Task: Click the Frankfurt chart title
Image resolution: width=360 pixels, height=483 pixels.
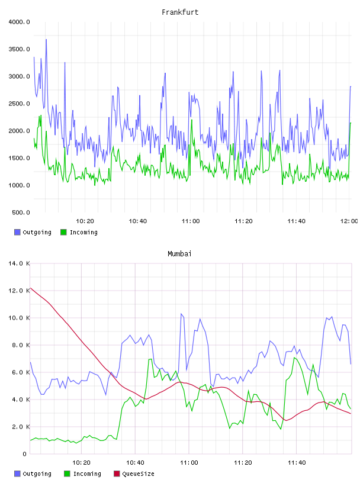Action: click(x=180, y=12)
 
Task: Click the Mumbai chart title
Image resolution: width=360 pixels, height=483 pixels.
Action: click(x=179, y=254)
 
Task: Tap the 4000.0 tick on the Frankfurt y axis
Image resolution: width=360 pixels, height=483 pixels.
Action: click(x=19, y=22)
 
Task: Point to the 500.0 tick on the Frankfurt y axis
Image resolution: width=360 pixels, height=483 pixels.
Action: click(x=21, y=212)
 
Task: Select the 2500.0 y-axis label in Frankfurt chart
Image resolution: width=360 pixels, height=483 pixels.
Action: click(x=19, y=104)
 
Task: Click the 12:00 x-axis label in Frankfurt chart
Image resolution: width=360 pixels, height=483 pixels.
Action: click(x=349, y=221)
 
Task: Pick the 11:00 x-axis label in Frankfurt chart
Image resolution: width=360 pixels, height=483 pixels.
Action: click(x=191, y=221)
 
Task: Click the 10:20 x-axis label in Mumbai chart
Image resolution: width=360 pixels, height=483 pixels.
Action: click(x=81, y=463)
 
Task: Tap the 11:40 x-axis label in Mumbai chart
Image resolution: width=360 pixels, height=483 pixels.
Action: click(x=297, y=463)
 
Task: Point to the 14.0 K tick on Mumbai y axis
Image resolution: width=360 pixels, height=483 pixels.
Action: click(x=19, y=263)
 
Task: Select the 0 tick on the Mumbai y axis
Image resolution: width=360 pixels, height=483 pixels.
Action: click(x=25, y=454)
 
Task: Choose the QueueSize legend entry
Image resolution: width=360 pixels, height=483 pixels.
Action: click(x=134, y=474)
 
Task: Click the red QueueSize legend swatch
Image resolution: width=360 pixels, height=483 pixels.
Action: click(x=117, y=474)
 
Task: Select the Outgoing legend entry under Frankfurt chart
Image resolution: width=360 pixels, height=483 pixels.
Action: click(x=33, y=232)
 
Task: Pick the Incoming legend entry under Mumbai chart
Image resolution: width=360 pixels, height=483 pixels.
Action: click(x=83, y=474)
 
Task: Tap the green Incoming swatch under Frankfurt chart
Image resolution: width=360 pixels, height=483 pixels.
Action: click(x=63, y=232)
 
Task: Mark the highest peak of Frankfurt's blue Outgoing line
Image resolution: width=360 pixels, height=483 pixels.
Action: click(x=46, y=40)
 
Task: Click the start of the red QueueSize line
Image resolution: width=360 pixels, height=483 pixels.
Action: click(x=30, y=288)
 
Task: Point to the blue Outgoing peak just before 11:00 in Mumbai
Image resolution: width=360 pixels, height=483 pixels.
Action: click(x=181, y=314)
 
